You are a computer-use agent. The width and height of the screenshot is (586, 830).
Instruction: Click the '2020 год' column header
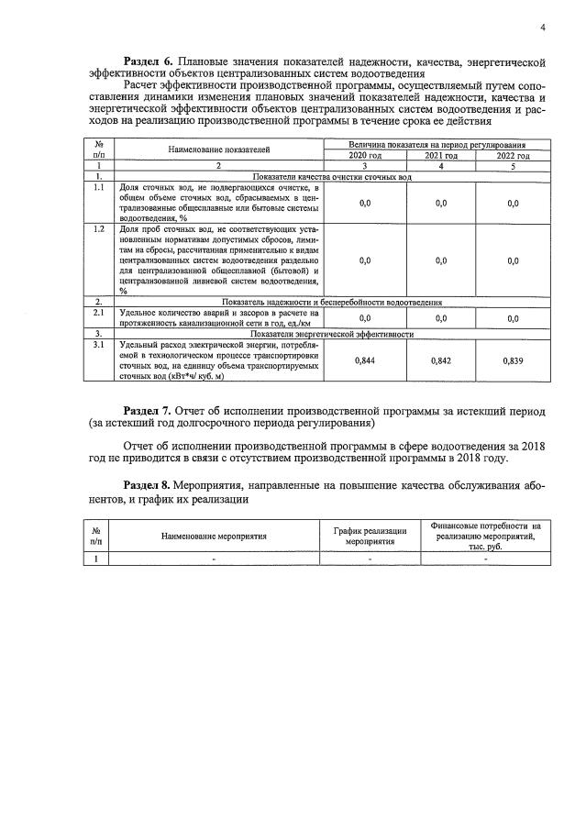coord(364,156)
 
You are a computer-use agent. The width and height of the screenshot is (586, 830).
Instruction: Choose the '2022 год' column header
coord(513,156)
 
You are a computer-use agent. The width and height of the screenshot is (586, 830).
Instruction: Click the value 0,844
coord(364,361)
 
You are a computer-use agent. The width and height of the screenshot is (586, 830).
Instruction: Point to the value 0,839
coord(513,361)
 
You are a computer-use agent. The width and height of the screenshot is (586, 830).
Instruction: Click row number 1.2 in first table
coord(98,227)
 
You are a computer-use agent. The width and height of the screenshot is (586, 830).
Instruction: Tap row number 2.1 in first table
coord(98,313)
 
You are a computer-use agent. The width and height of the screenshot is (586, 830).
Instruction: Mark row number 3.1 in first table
coord(98,344)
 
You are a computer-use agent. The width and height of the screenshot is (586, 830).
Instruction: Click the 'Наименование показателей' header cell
coord(218,149)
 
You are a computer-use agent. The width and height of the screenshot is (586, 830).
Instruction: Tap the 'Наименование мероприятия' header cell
coord(214,535)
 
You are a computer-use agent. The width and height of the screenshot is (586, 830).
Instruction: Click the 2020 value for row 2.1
coord(364,318)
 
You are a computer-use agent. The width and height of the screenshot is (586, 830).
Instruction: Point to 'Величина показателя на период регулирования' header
coord(437,145)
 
